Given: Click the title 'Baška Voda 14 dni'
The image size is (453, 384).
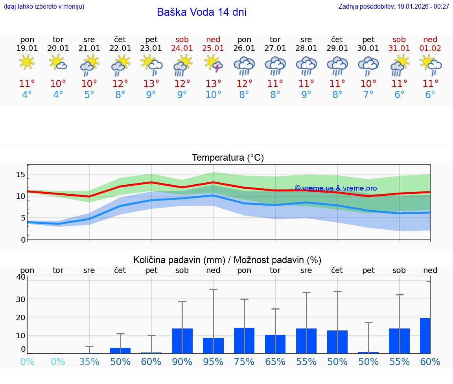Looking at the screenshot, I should pyautogui.click(x=201, y=12).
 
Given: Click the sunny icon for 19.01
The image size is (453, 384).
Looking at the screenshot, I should pyautogui.click(x=27, y=63).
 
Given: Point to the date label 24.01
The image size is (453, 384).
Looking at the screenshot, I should pyautogui.click(x=182, y=48).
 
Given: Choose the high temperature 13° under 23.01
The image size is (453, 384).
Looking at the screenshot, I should pyautogui.click(x=151, y=84).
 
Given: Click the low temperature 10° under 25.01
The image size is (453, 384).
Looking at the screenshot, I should pyautogui.click(x=213, y=95).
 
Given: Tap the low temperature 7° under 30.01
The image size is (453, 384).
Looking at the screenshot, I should pyautogui.click(x=368, y=95).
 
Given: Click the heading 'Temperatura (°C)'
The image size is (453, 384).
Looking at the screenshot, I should pyautogui.click(x=228, y=158).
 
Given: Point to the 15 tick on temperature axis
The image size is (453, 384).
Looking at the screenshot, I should pyautogui.click(x=21, y=174).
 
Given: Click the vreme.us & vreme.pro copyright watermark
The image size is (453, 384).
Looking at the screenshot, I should pyautogui.click(x=335, y=188).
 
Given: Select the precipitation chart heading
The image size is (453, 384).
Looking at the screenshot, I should pyautogui.click(x=227, y=260).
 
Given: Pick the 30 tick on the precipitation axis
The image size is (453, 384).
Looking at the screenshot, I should pyautogui.click(x=20, y=299).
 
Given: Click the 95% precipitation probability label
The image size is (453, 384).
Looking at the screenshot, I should pyautogui.click(x=213, y=362).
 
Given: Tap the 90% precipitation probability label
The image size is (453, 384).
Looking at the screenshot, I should pyautogui.click(x=182, y=362).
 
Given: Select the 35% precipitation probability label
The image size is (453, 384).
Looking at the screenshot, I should pyautogui.click(x=89, y=362).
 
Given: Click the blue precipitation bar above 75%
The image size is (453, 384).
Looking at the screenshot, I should pyautogui.click(x=244, y=341).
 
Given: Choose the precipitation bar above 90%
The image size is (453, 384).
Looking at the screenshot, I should pyautogui.click(x=182, y=341).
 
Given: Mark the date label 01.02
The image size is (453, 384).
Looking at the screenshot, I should pyautogui.click(x=430, y=48).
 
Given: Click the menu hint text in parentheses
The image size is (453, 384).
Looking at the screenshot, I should pyautogui.click(x=44, y=7).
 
